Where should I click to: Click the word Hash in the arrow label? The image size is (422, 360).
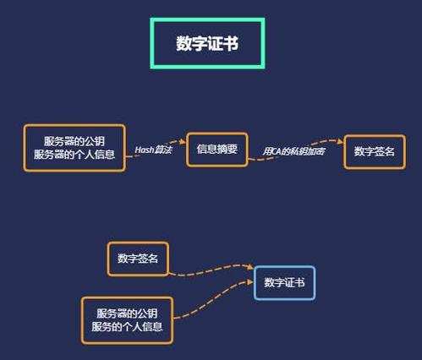[x=144, y=150]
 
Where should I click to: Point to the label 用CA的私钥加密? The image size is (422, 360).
[x=293, y=151]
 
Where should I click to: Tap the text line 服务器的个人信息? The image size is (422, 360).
[x=74, y=155]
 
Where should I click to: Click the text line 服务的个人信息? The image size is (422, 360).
[x=127, y=327]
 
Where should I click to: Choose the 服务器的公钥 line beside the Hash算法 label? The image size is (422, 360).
[x=74, y=141]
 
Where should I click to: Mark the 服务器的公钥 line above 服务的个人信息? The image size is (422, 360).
[x=127, y=314]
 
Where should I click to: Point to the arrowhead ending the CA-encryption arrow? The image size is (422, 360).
[x=341, y=141]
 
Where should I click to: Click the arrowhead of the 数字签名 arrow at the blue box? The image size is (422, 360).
[x=250, y=267]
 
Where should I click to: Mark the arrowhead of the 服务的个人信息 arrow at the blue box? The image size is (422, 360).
[x=250, y=281]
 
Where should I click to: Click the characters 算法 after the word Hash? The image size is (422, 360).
[x=163, y=150]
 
